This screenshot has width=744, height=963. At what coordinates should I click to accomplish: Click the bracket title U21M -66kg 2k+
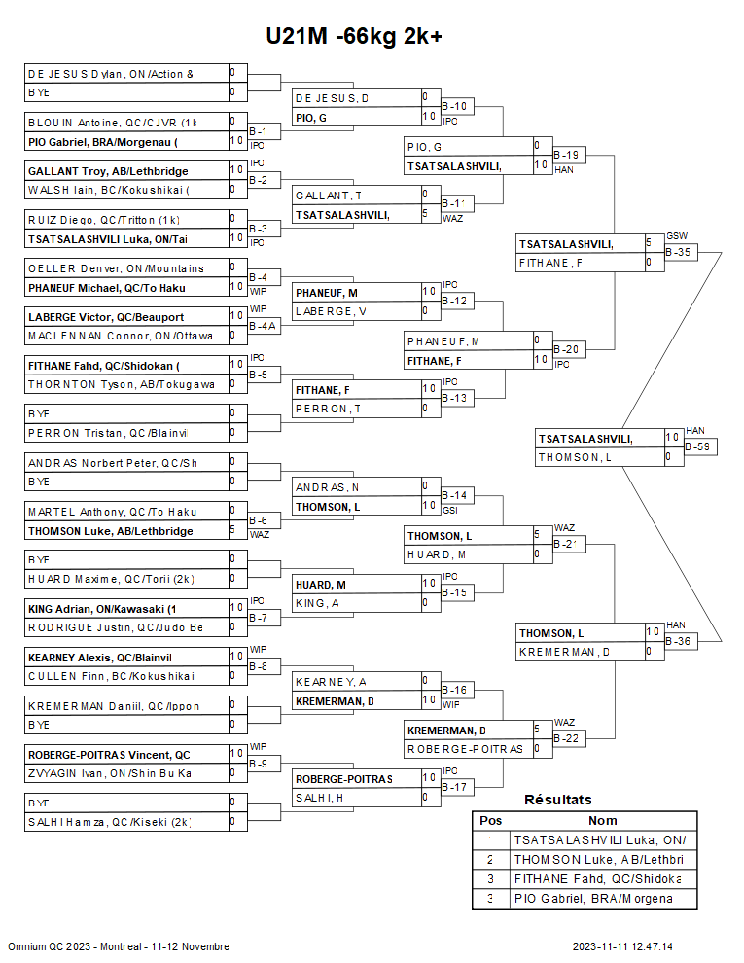354,36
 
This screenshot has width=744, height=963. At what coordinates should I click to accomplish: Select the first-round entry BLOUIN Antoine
112,123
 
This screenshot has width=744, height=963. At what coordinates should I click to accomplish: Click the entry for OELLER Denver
116,268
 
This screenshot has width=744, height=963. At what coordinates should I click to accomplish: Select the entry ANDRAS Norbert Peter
112,463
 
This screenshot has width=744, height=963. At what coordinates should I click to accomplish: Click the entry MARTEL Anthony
112,512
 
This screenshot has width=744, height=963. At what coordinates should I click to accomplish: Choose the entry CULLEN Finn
111,677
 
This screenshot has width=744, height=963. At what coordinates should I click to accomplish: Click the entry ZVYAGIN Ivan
109,774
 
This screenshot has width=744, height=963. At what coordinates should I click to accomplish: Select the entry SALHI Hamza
109,823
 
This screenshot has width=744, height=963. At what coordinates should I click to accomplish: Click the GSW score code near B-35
677,236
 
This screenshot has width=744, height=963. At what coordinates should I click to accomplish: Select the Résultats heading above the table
557,800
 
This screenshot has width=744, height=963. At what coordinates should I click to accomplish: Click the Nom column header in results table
602,821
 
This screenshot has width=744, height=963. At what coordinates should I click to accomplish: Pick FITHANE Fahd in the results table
598,879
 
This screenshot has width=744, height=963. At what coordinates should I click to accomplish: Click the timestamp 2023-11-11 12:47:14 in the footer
622,946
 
